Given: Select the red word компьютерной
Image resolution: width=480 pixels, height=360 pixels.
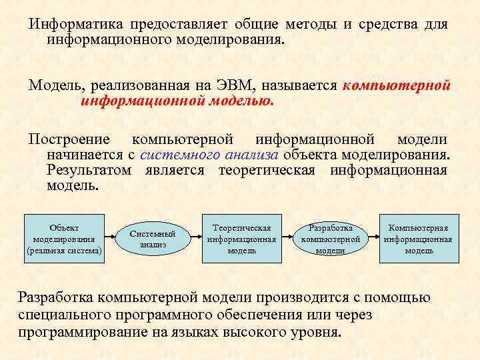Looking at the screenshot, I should pyautogui.click(x=397, y=86).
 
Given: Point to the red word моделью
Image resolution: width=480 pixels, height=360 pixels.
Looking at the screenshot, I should pyautogui.click(x=241, y=102).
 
